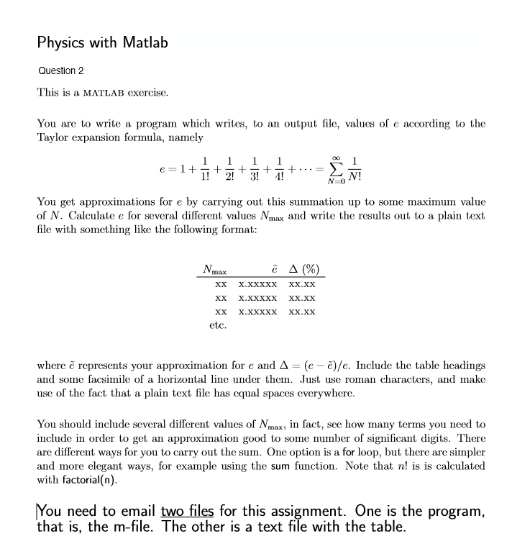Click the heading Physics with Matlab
coord(102,42)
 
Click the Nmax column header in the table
coord(214,271)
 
